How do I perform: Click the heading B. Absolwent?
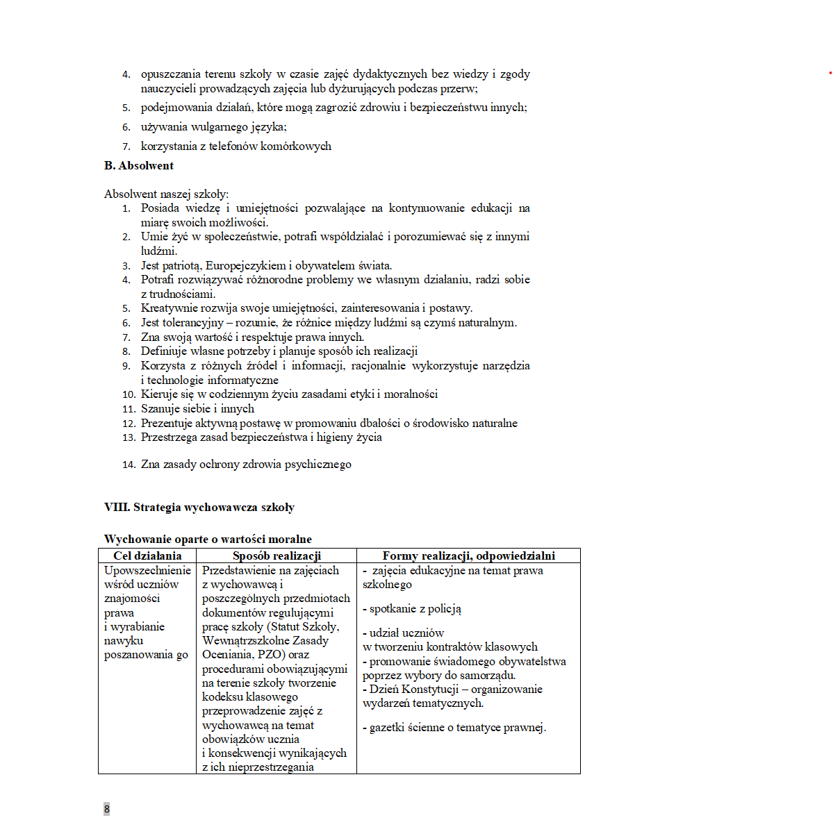pos(139,166)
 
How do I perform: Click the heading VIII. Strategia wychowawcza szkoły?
pos(199,508)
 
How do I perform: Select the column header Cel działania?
pos(147,555)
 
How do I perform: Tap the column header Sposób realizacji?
pos(277,555)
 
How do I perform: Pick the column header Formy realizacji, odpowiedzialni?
pos(468,555)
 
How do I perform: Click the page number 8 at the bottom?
pos(107,809)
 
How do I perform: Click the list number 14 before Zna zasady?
pos(129,465)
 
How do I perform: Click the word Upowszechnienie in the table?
pos(147,571)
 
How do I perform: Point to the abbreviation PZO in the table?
pos(272,655)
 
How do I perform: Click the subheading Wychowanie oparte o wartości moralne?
pos(208,540)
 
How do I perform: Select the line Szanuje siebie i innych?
pos(197,409)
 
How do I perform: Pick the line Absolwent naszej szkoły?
pos(166,194)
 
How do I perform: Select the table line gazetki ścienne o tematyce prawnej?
pos(454,728)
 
